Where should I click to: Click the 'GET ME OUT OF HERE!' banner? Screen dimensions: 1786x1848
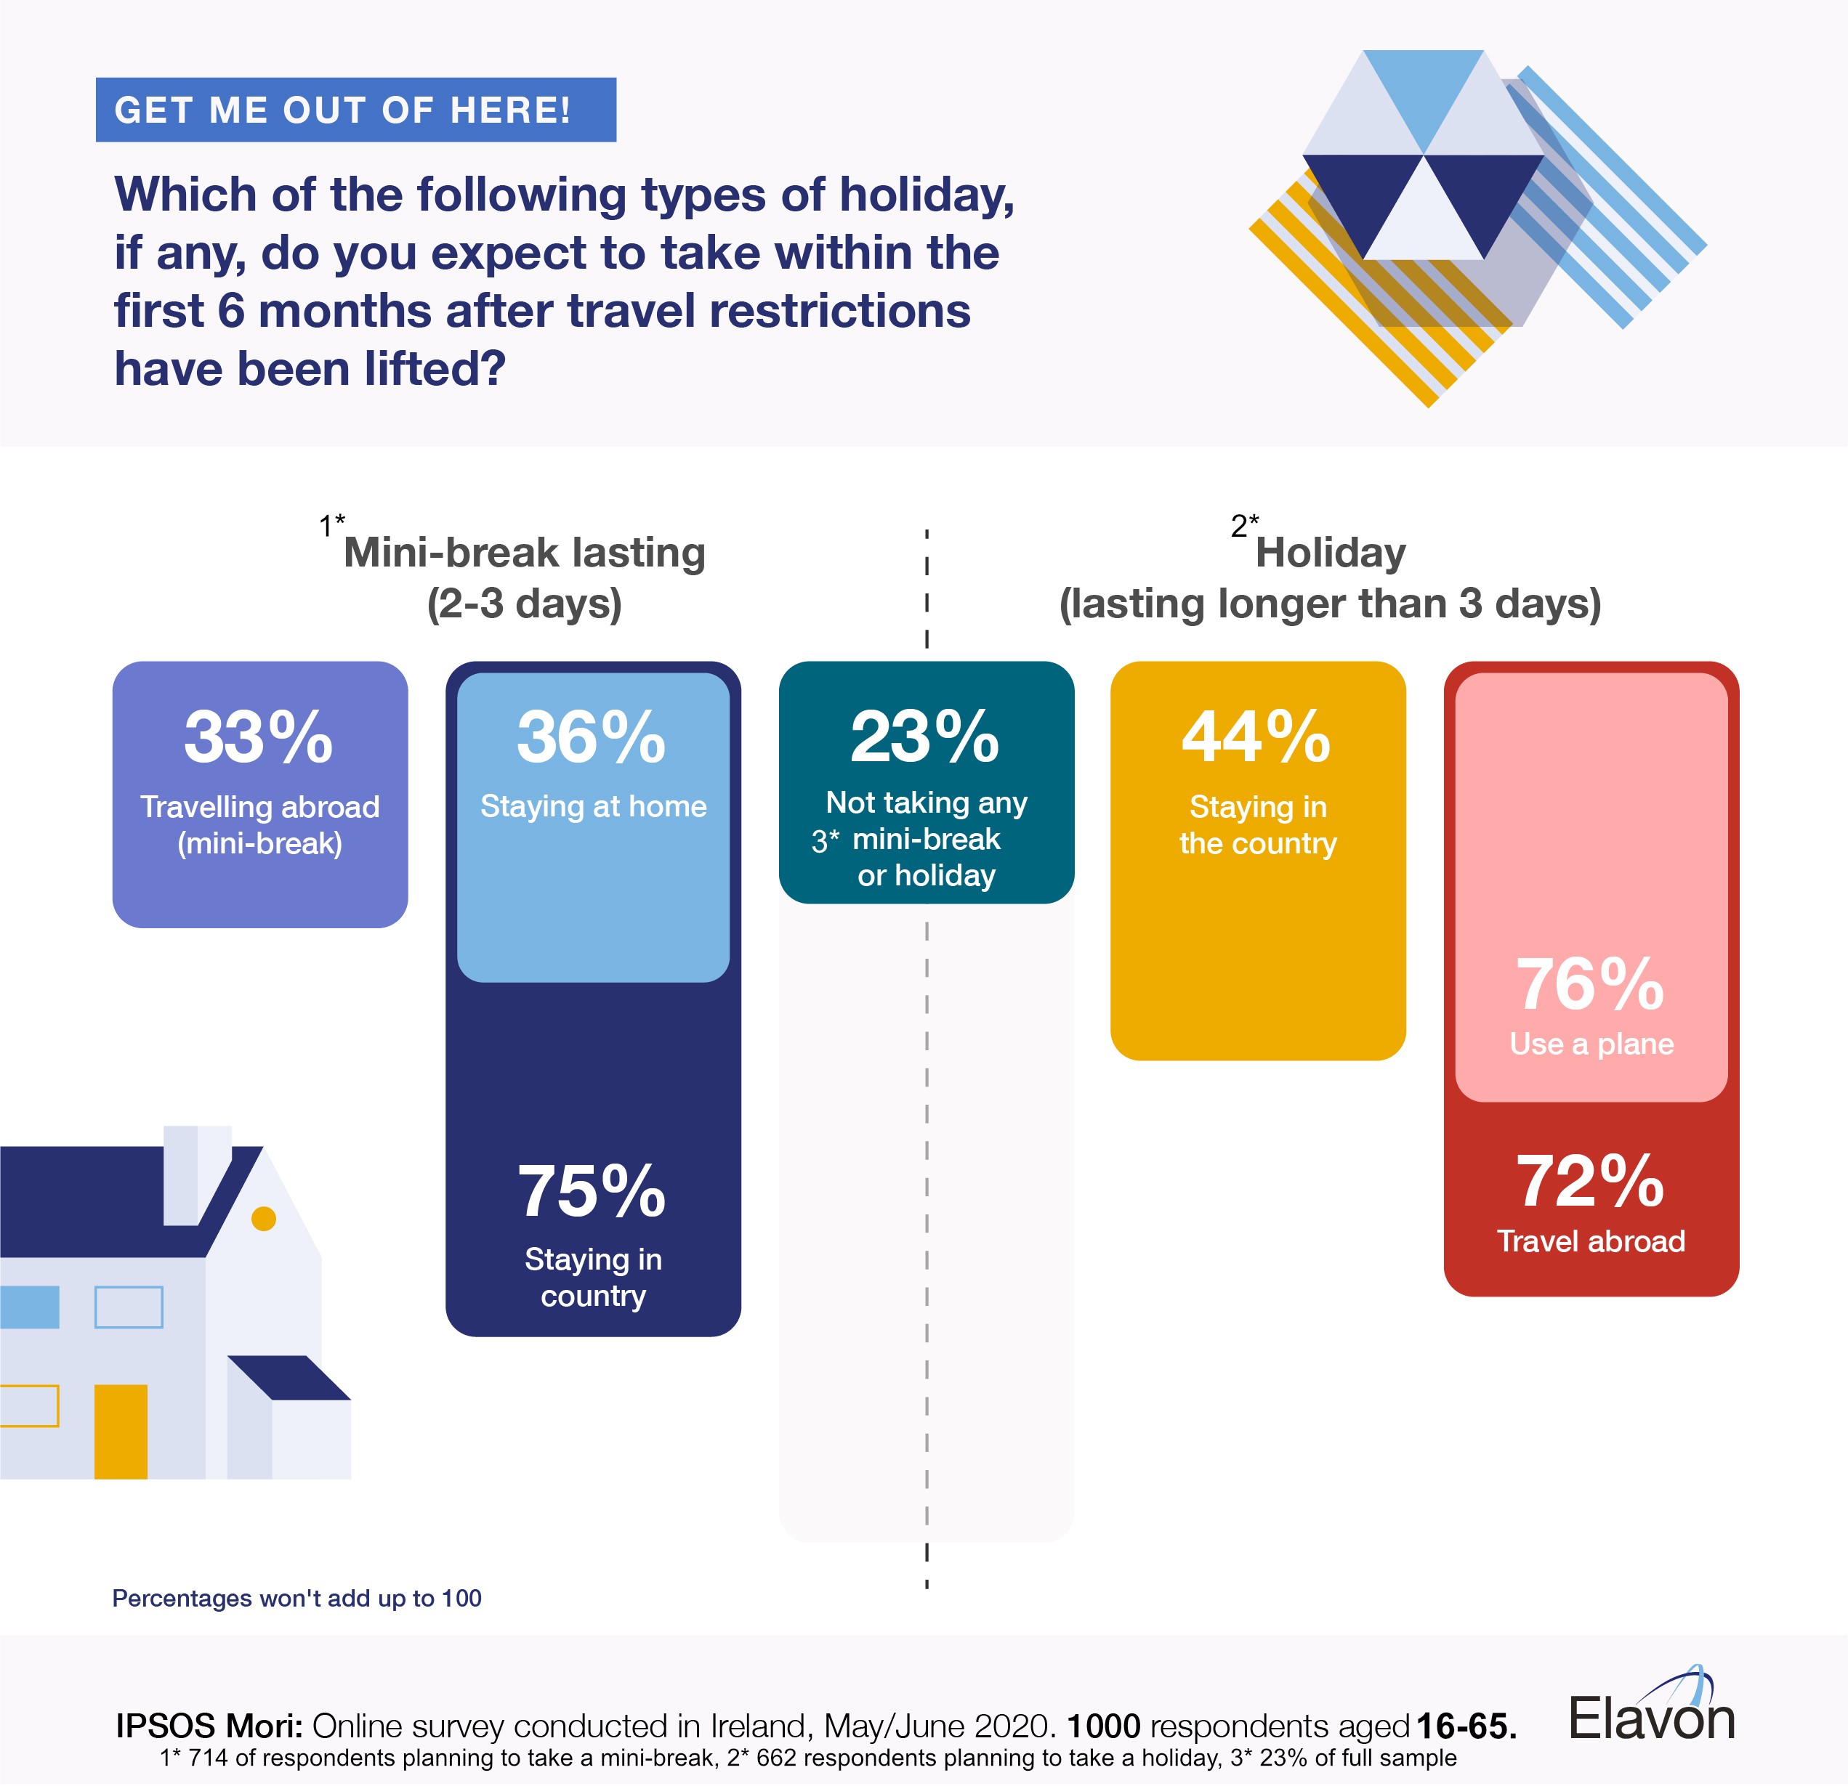[355, 110]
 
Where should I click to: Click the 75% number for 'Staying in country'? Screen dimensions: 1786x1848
[592, 1191]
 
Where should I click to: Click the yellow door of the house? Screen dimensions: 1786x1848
[121, 1431]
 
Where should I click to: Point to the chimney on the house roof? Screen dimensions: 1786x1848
[196, 1174]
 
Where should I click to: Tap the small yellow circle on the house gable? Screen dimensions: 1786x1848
[264, 1219]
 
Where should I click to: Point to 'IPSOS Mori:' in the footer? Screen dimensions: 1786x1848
[209, 1726]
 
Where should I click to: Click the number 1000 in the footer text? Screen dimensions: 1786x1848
[1103, 1726]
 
